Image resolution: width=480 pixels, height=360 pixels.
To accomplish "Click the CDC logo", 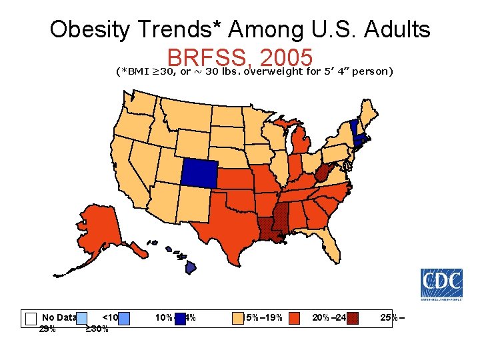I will tap(441, 283).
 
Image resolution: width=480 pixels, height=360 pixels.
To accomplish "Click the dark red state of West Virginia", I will tap(321, 175).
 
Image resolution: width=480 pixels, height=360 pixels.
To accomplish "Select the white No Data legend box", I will tap(30, 319).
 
